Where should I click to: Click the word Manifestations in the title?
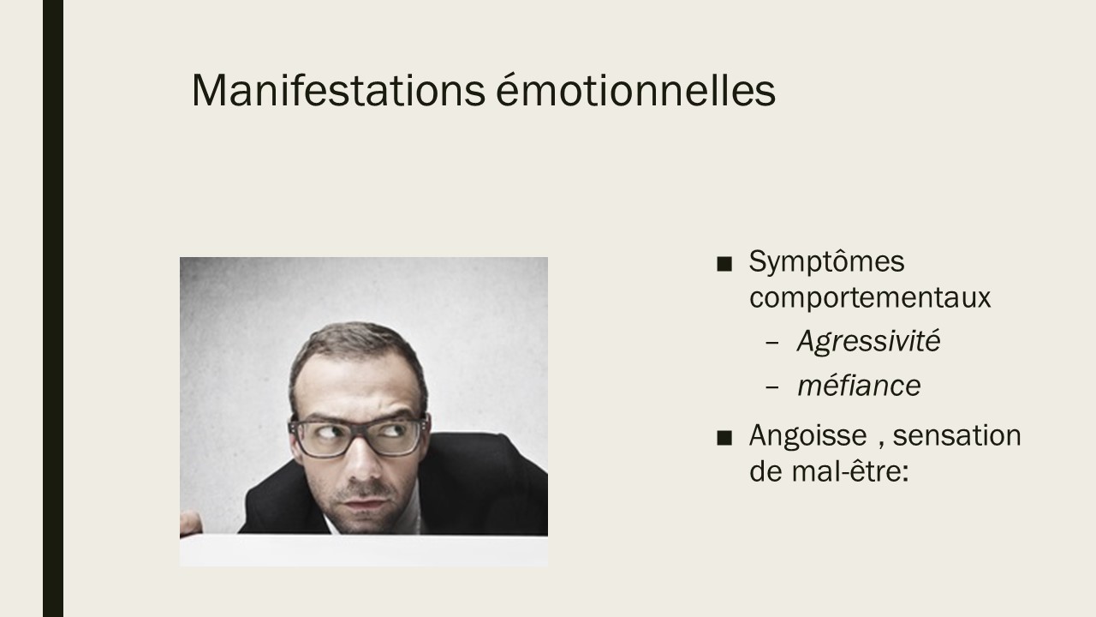pyautogui.click(x=338, y=90)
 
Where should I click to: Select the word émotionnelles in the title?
pyautogui.click(x=636, y=90)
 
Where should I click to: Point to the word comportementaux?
pyautogui.click(x=870, y=297)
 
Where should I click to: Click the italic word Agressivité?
pyautogui.click(x=868, y=342)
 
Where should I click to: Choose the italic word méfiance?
pyautogui.click(x=859, y=386)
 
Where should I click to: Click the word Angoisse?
pyautogui.click(x=807, y=436)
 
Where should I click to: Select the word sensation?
pyautogui.click(x=956, y=434)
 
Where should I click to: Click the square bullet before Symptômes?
pyautogui.click(x=724, y=264)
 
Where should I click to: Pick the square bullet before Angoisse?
pyautogui.click(x=724, y=437)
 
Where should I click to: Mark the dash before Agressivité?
pyautogui.click(x=771, y=343)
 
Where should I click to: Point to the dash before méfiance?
pyautogui.click(x=771, y=386)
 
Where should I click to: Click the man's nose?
pyautogui.click(x=363, y=460)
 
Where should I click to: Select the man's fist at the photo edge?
pyautogui.click(x=191, y=524)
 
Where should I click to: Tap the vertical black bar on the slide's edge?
pyautogui.click(x=53, y=308)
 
